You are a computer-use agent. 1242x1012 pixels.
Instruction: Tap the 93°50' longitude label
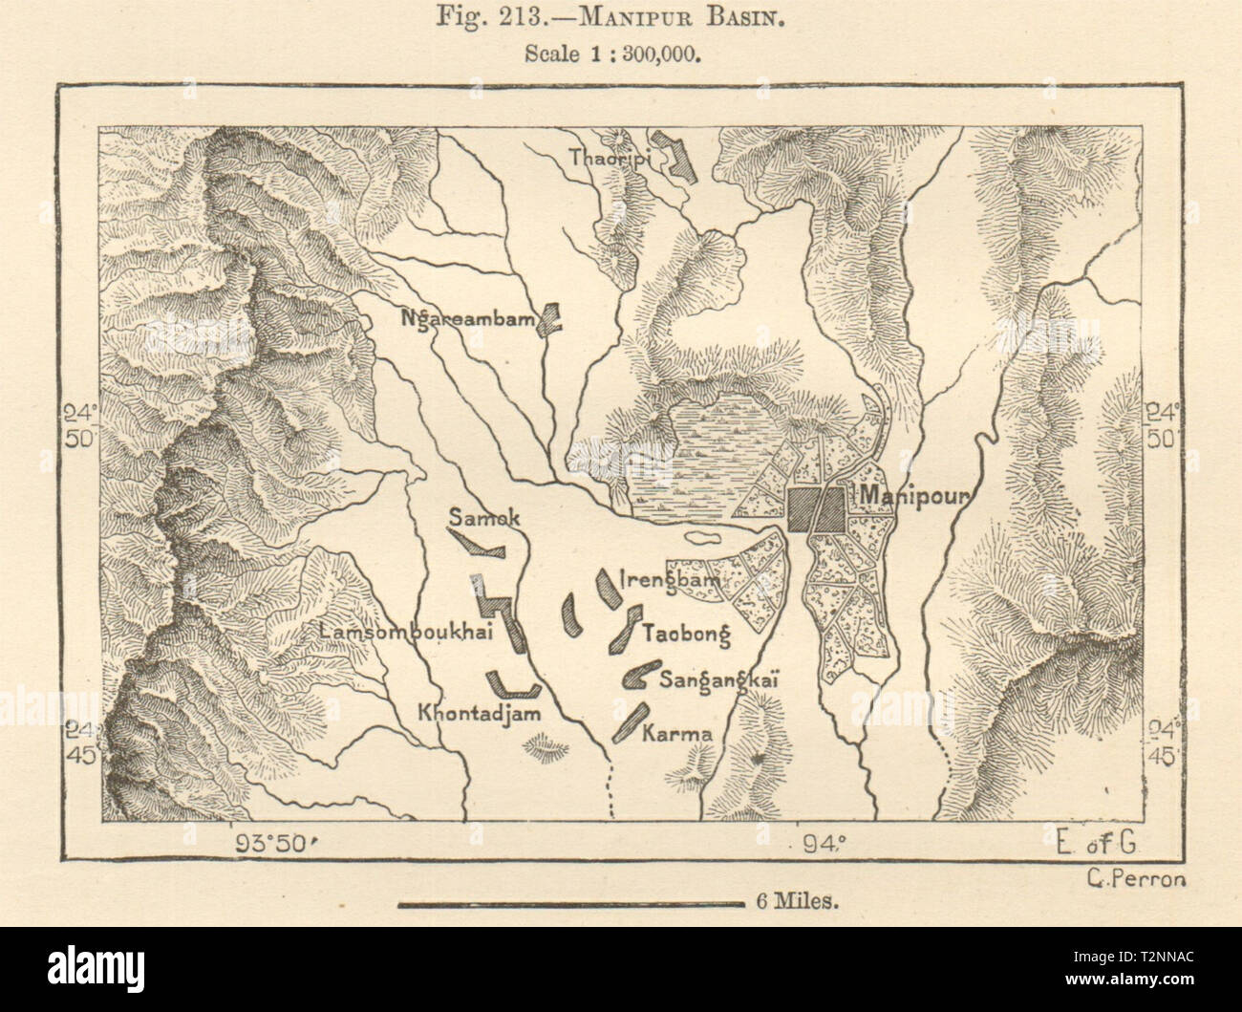point(279,843)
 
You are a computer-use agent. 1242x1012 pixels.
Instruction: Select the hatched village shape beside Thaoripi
point(682,160)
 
